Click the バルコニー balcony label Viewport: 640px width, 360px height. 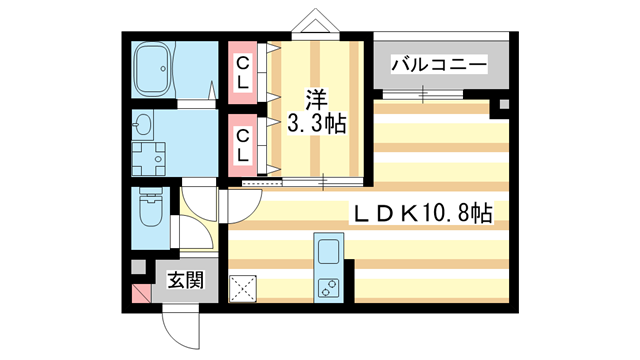pos(438,65)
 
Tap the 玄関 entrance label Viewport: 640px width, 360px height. pos(185,279)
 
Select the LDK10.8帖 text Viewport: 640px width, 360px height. pos(420,213)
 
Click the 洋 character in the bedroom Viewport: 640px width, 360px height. pos(317,100)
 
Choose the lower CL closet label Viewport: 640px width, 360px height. pos(243,143)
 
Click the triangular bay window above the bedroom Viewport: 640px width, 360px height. pos(316,22)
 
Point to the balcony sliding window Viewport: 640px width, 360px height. pos(424,95)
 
